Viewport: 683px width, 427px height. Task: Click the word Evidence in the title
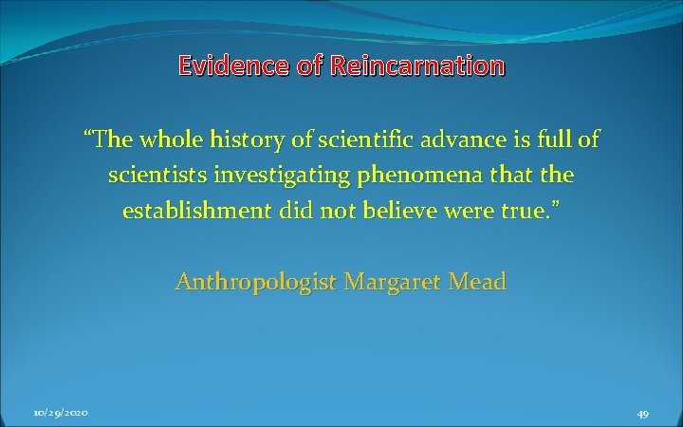[231, 66]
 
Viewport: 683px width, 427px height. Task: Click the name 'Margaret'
[392, 282]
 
